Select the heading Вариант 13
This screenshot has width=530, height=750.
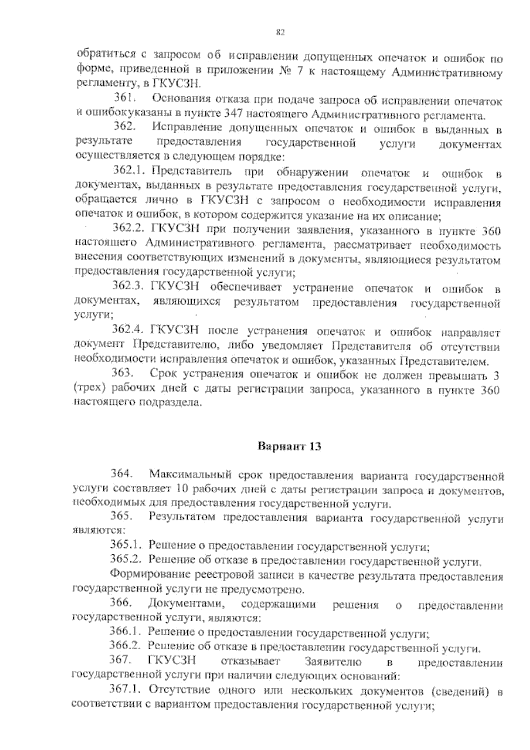[x=289, y=446]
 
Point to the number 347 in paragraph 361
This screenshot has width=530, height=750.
[x=232, y=115]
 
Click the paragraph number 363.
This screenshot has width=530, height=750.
[x=122, y=374]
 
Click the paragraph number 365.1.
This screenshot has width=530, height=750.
[x=125, y=546]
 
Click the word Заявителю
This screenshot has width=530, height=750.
[x=333, y=662]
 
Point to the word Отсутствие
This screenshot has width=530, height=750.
[x=174, y=690]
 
